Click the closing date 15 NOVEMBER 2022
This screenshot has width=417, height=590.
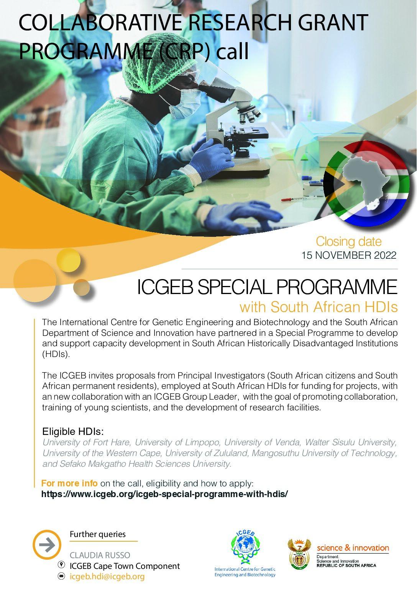[x=349, y=255]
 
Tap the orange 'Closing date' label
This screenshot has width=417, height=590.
[x=349, y=241]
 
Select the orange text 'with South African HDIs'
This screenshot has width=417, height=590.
[x=318, y=307]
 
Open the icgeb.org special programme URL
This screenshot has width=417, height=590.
[x=164, y=494]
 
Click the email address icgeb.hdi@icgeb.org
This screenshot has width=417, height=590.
[x=107, y=577]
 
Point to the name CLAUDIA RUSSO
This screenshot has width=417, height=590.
[x=100, y=555]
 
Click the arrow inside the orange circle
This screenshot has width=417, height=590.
[x=47, y=545]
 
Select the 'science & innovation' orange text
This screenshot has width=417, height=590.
[x=353, y=548]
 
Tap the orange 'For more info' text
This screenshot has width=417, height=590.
[x=69, y=483]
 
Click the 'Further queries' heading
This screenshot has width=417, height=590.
[x=98, y=534]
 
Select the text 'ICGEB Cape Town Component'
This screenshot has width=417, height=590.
[x=125, y=566]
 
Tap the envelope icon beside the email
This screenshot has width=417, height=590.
[x=61, y=577]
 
